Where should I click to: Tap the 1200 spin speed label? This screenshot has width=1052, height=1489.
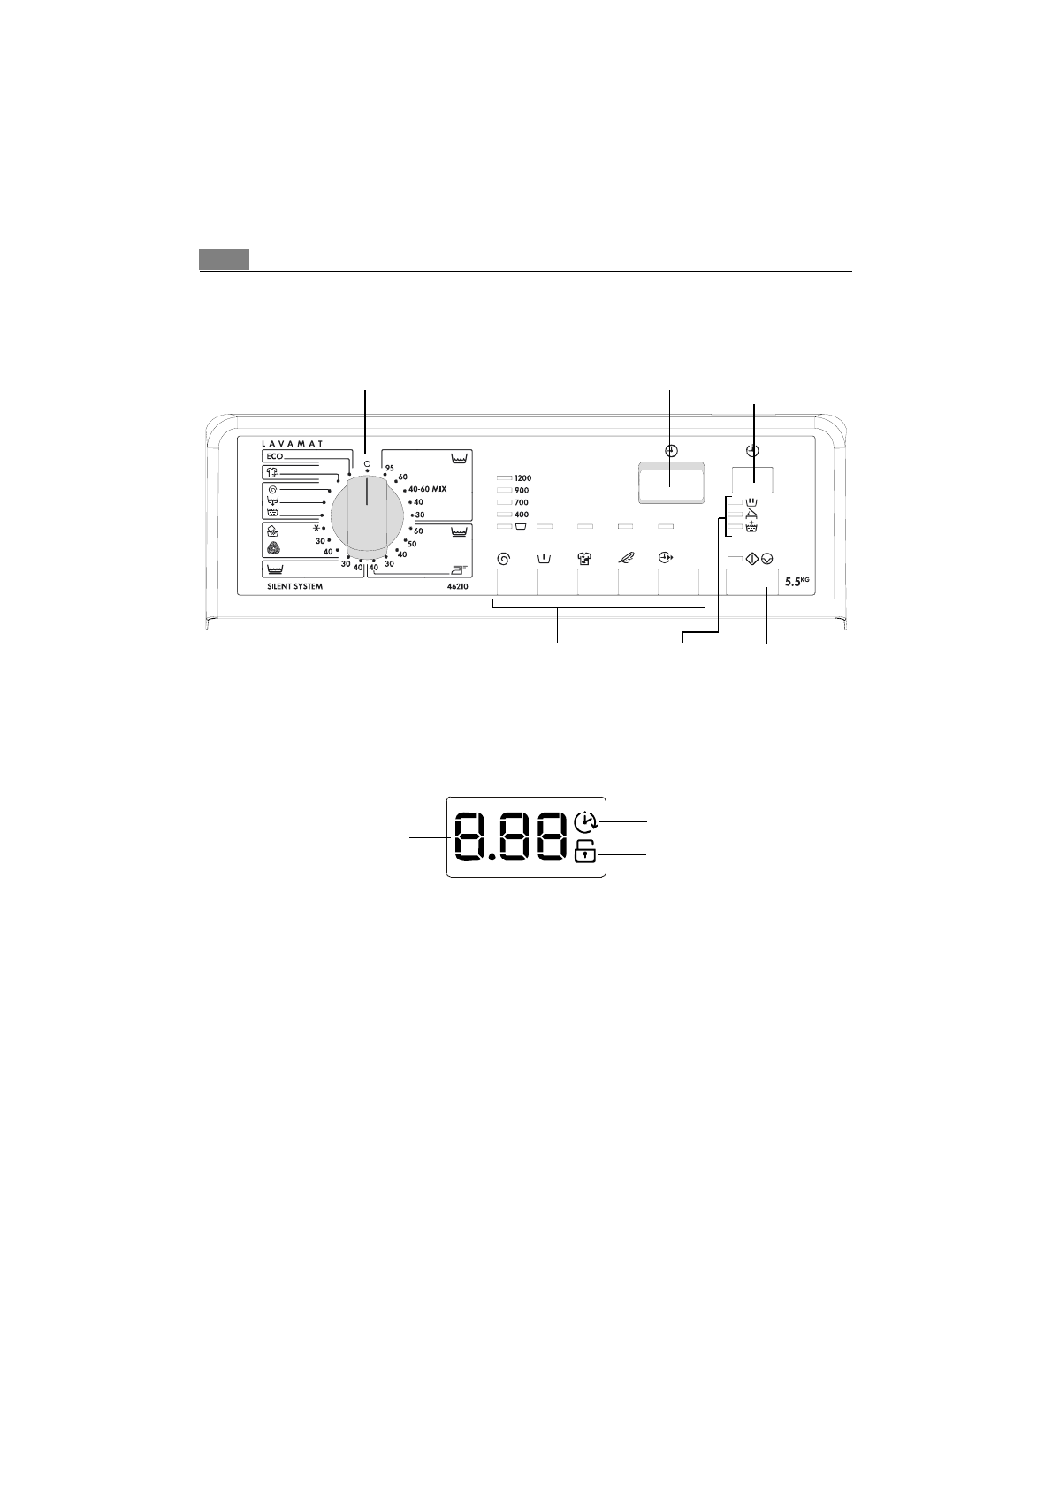(522, 478)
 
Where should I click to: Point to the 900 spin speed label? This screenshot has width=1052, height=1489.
(521, 491)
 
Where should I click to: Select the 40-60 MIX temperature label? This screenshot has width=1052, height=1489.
(427, 489)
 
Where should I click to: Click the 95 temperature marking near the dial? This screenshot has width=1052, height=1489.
(390, 468)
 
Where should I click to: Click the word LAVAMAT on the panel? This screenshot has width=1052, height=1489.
(293, 443)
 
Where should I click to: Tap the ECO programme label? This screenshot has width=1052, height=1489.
(274, 456)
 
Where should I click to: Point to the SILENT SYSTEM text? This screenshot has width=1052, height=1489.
(294, 587)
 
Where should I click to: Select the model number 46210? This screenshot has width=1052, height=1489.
(457, 587)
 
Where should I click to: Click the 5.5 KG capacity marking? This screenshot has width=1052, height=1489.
(797, 581)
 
